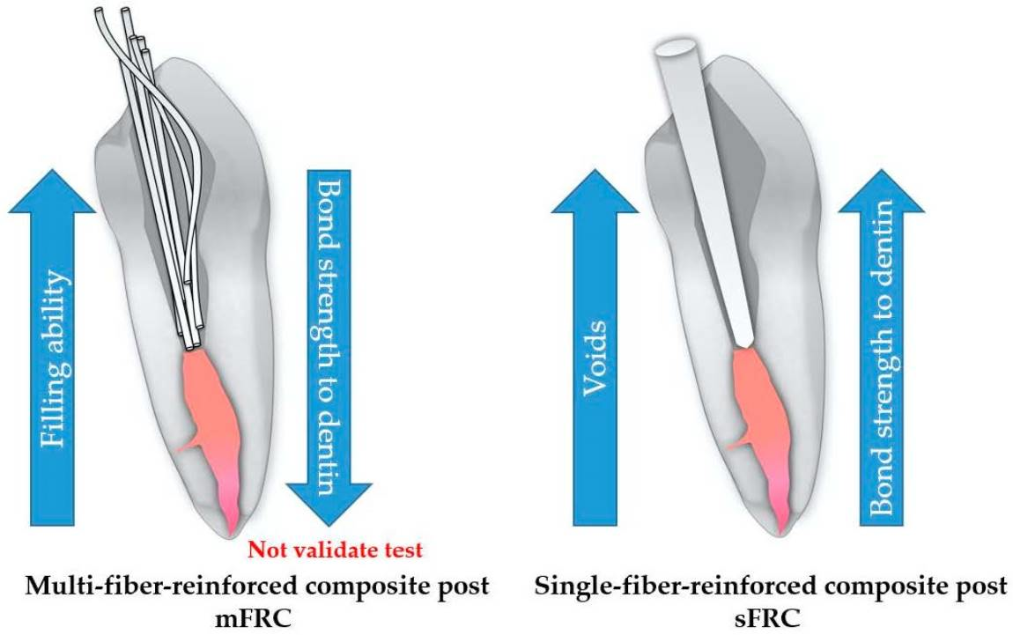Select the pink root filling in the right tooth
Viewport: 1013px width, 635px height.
click(x=758, y=414)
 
